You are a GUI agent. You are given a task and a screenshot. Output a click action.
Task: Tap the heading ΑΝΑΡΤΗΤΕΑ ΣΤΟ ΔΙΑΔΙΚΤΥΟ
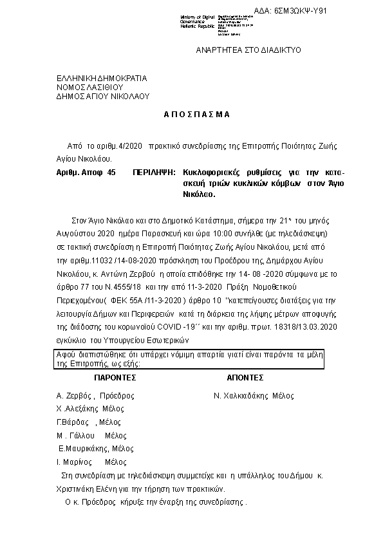click(x=248, y=50)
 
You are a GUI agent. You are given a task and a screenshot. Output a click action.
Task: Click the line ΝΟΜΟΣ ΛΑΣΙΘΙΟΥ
click(x=89, y=88)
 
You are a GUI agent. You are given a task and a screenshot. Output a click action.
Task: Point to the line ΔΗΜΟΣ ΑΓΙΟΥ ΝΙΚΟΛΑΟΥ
click(x=103, y=97)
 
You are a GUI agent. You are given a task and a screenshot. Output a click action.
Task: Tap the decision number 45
click(x=112, y=174)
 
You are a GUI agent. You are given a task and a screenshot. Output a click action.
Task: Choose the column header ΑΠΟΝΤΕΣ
click(x=245, y=378)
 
